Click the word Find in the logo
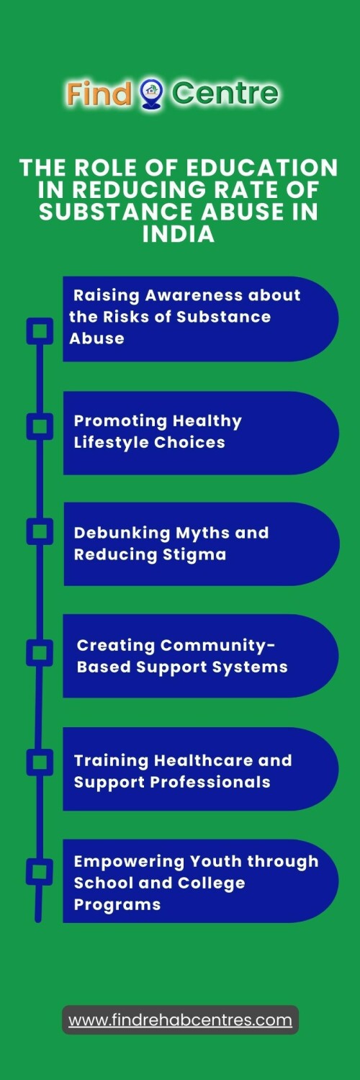(99, 93)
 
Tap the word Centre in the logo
(225, 93)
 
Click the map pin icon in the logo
(151, 93)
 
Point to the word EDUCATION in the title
(261, 168)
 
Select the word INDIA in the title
(179, 234)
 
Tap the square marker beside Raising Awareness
(40, 330)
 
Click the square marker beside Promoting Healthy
(40, 426)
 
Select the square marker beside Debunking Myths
(40, 531)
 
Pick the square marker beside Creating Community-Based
(40, 653)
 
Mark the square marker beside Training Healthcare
(40, 762)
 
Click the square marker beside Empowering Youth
(40, 872)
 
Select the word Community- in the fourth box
(218, 646)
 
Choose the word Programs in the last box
(117, 905)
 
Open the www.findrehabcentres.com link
(180, 1020)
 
